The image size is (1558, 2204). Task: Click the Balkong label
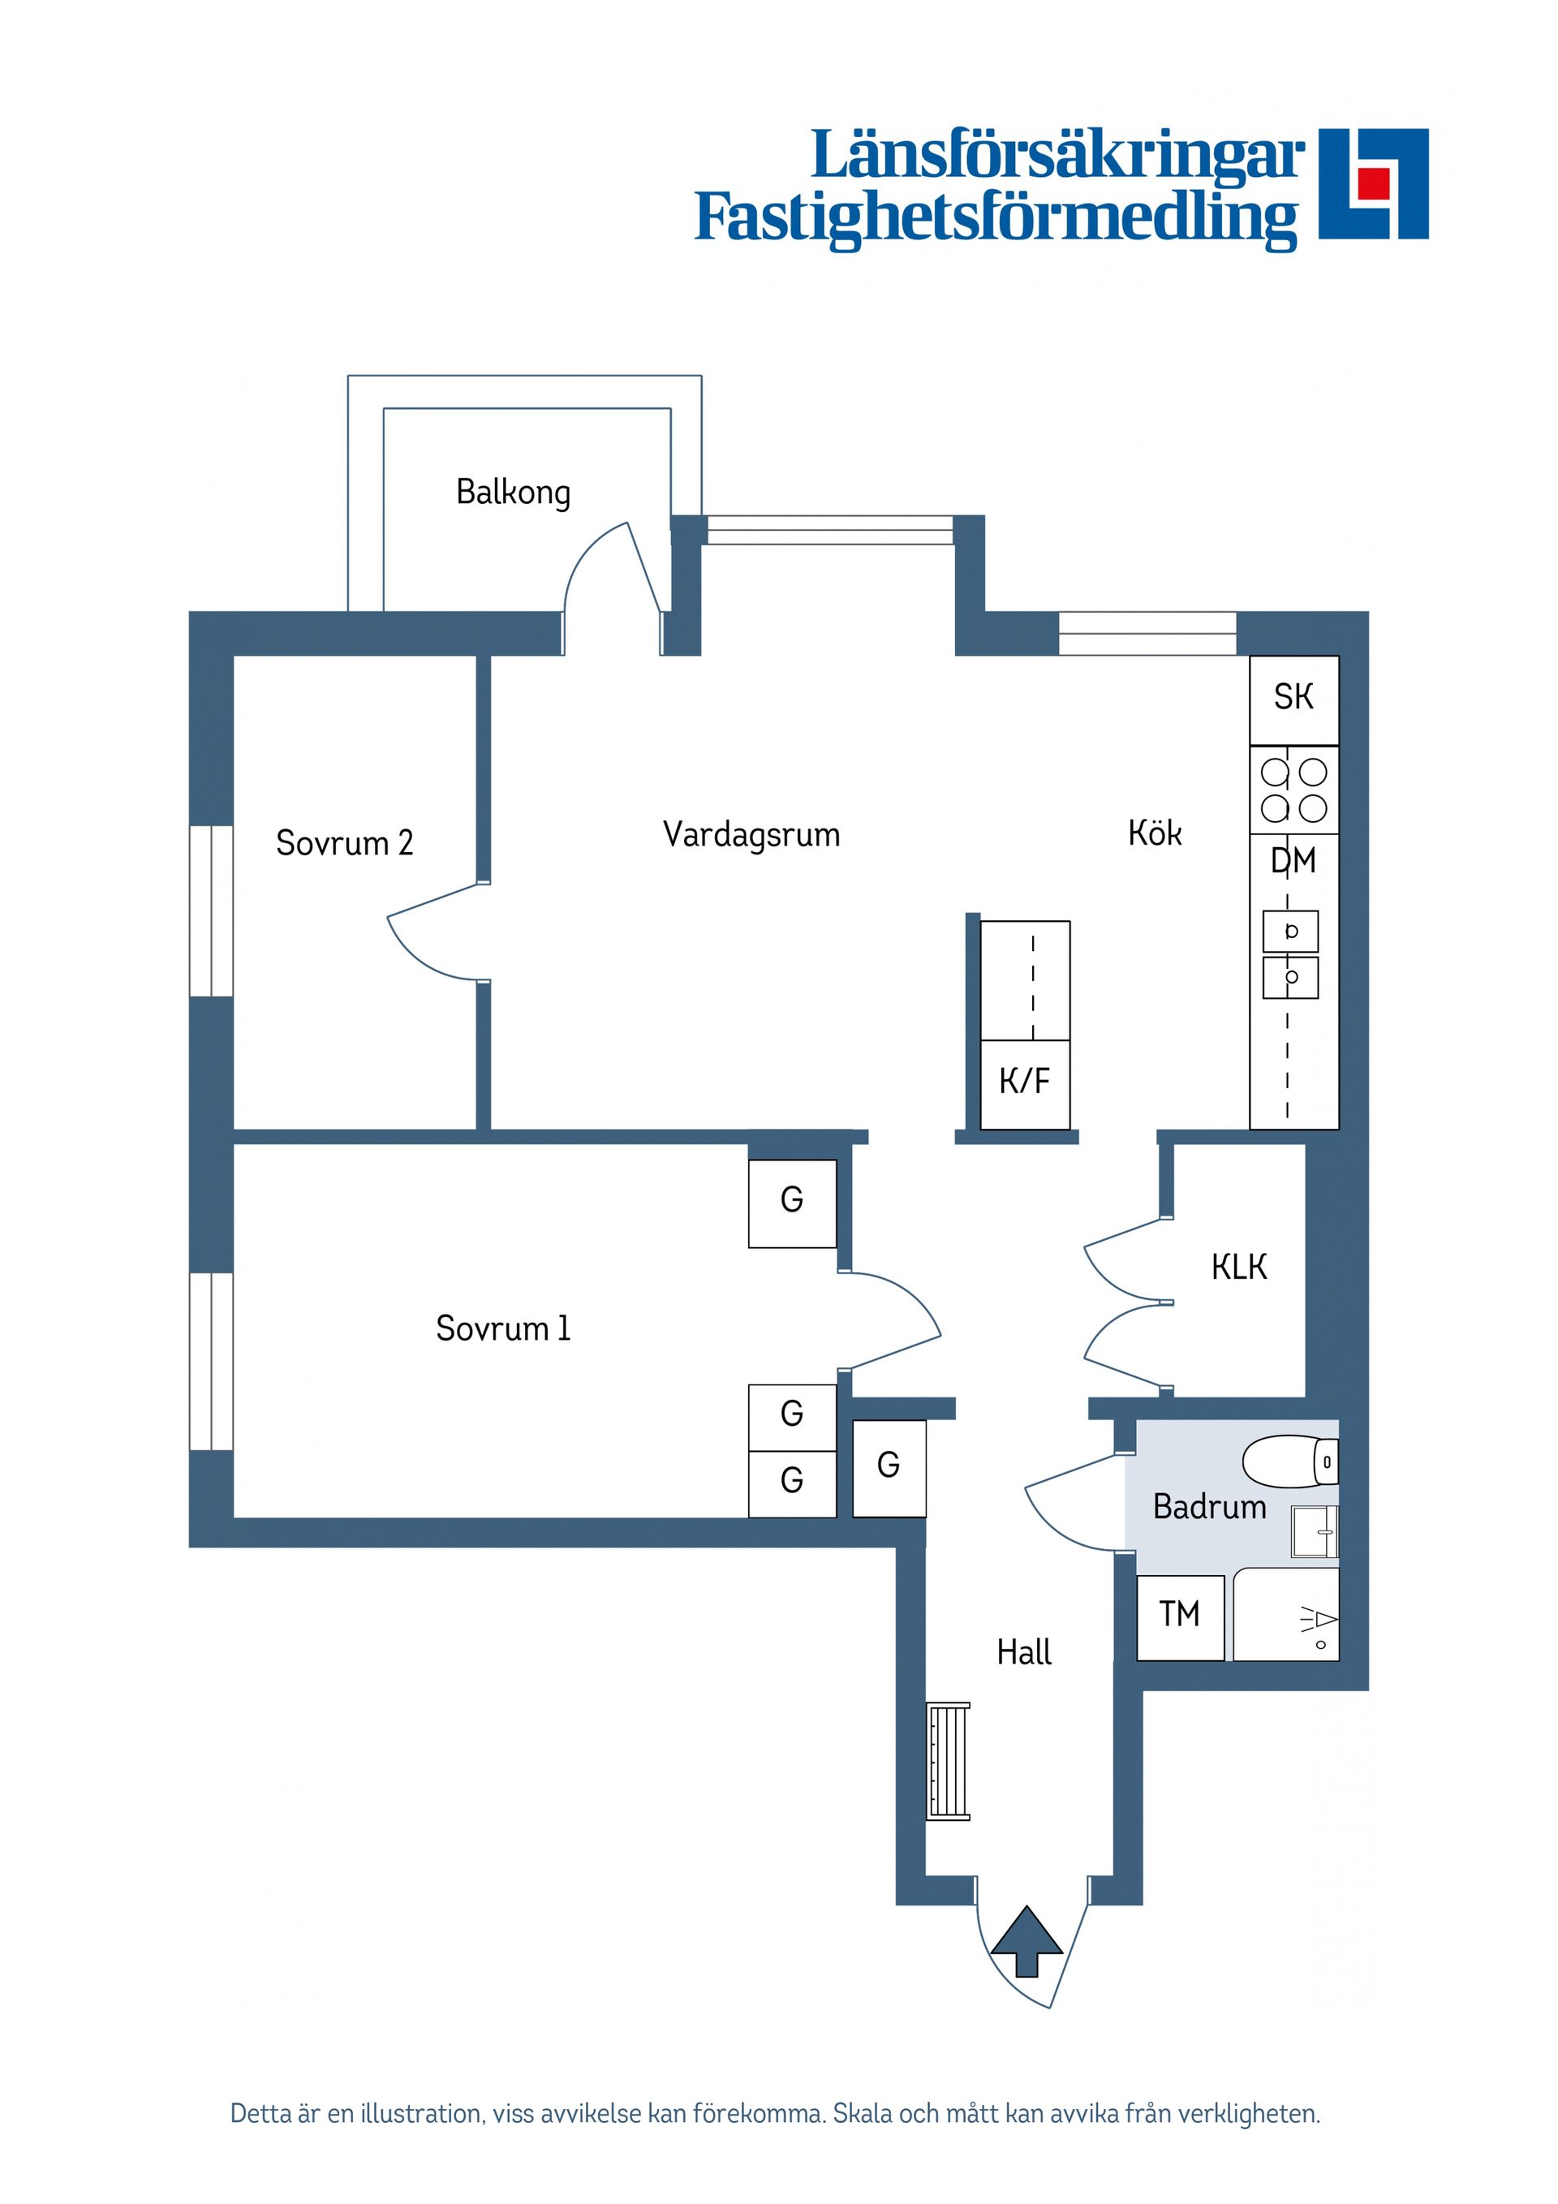(x=513, y=493)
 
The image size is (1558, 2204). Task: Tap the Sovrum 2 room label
(x=344, y=843)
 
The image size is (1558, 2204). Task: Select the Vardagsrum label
(x=751, y=834)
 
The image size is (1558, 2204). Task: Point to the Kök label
(x=1154, y=833)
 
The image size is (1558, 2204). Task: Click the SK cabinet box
(x=1293, y=698)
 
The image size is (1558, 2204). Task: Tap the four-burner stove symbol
(x=1293, y=789)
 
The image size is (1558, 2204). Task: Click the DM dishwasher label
(x=1293, y=861)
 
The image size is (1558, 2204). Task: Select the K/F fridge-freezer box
(x=1024, y=1083)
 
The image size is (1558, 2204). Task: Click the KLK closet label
(x=1238, y=1267)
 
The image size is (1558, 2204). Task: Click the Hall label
(x=1023, y=1652)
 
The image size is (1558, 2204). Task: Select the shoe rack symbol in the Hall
(x=948, y=1760)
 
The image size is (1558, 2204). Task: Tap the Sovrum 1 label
(x=502, y=1328)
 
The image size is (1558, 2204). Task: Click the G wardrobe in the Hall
(x=889, y=1466)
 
